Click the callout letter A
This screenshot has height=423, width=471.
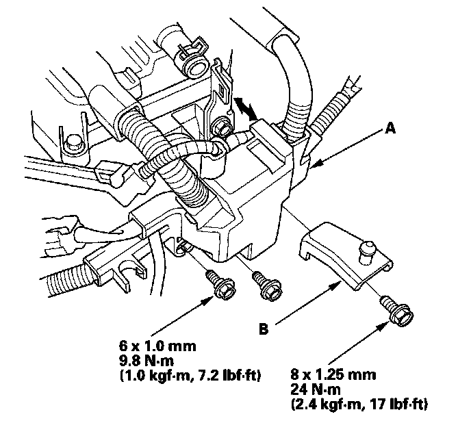pyautogui.click(x=390, y=127)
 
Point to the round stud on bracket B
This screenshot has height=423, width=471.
pyautogui.click(x=368, y=246)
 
